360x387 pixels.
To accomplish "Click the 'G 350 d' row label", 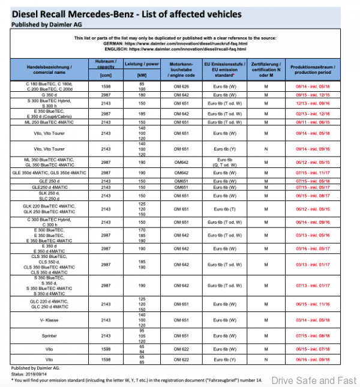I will (x=47, y=94).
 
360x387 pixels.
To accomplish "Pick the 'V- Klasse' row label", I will (x=47, y=320).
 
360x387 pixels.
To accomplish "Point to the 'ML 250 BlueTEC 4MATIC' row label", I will (x=47, y=122).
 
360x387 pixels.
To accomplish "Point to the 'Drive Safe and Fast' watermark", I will (x=313, y=380).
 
